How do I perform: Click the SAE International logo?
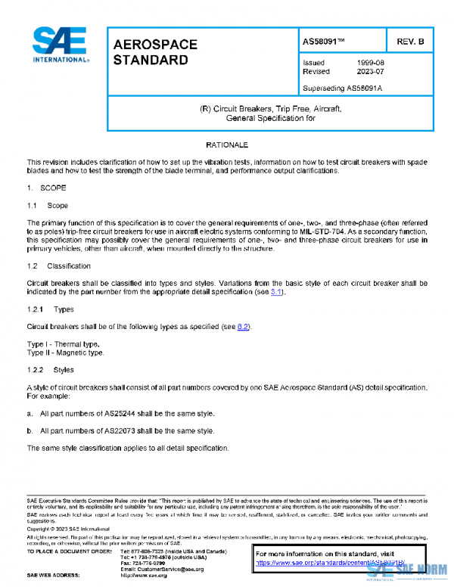point(60,45)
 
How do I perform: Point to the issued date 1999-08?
point(371,63)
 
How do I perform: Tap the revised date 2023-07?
point(371,72)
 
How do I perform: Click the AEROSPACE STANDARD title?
point(154,52)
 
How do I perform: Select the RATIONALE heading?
point(227,144)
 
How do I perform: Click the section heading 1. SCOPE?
point(47,187)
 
